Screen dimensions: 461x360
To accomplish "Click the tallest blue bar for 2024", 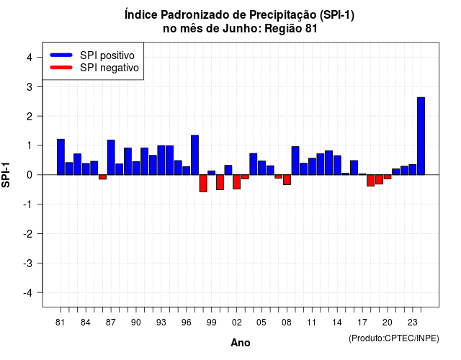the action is click(421, 136).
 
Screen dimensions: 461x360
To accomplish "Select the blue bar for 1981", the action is click(61, 157).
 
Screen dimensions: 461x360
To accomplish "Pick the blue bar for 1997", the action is click(194, 156).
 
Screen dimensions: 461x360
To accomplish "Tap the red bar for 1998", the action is click(203, 184).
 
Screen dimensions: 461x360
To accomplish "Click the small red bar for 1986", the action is click(102, 177).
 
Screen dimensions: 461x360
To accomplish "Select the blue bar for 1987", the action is click(111, 158).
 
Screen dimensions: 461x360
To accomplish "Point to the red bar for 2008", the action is click(287, 180).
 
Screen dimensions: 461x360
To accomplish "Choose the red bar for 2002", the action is click(236, 182).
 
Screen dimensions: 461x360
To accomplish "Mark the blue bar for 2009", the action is click(295, 161).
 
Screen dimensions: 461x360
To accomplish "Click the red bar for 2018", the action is click(370, 181).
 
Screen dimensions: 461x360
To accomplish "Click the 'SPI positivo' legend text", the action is click(107, 55).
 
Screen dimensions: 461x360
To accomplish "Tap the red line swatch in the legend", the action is click(61, 68).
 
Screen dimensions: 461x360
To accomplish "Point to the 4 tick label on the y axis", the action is click(30, 58).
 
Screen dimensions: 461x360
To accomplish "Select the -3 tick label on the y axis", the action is click(27, 264).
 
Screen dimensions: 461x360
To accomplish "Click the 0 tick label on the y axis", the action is click(30, 175).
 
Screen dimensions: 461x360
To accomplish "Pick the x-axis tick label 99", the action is click(211, 323).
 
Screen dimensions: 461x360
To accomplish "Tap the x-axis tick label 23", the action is click(413, 323).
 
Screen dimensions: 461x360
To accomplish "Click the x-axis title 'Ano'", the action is click(240, 343).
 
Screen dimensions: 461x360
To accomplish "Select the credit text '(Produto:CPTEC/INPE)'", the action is click(394, 338).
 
